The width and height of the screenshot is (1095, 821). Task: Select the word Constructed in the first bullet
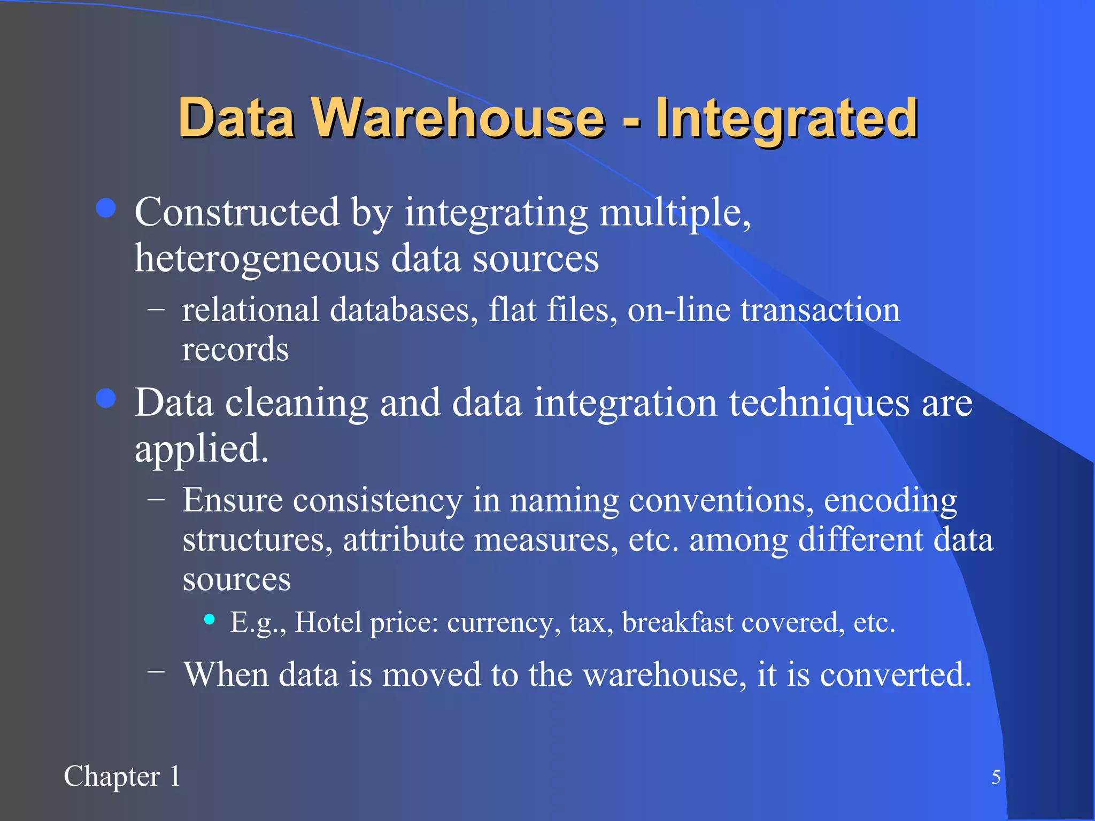(x=236, y=212)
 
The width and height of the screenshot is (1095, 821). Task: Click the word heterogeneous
(x=257, y=259)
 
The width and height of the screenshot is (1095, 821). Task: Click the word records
(x=235, y=350)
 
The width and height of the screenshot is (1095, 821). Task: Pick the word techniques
(x=819, y=403)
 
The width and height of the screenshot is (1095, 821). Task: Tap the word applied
(x=201, y=449)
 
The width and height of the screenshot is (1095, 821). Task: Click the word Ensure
(x=233, y=500)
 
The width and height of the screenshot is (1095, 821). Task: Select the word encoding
(x=890, y=501)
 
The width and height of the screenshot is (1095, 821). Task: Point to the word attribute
(x=403, y=540)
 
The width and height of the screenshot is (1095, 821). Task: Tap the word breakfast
(x=677, y=622)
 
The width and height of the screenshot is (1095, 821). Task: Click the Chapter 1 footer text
(x=122, y=776)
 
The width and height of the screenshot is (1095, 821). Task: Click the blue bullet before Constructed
(x=106, y=208)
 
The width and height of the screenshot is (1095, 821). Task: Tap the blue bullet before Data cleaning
(x=106, y=398)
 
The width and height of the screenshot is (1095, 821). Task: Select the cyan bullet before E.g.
(x=210, y=619)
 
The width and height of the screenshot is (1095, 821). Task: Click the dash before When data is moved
(x=156, y=671)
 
